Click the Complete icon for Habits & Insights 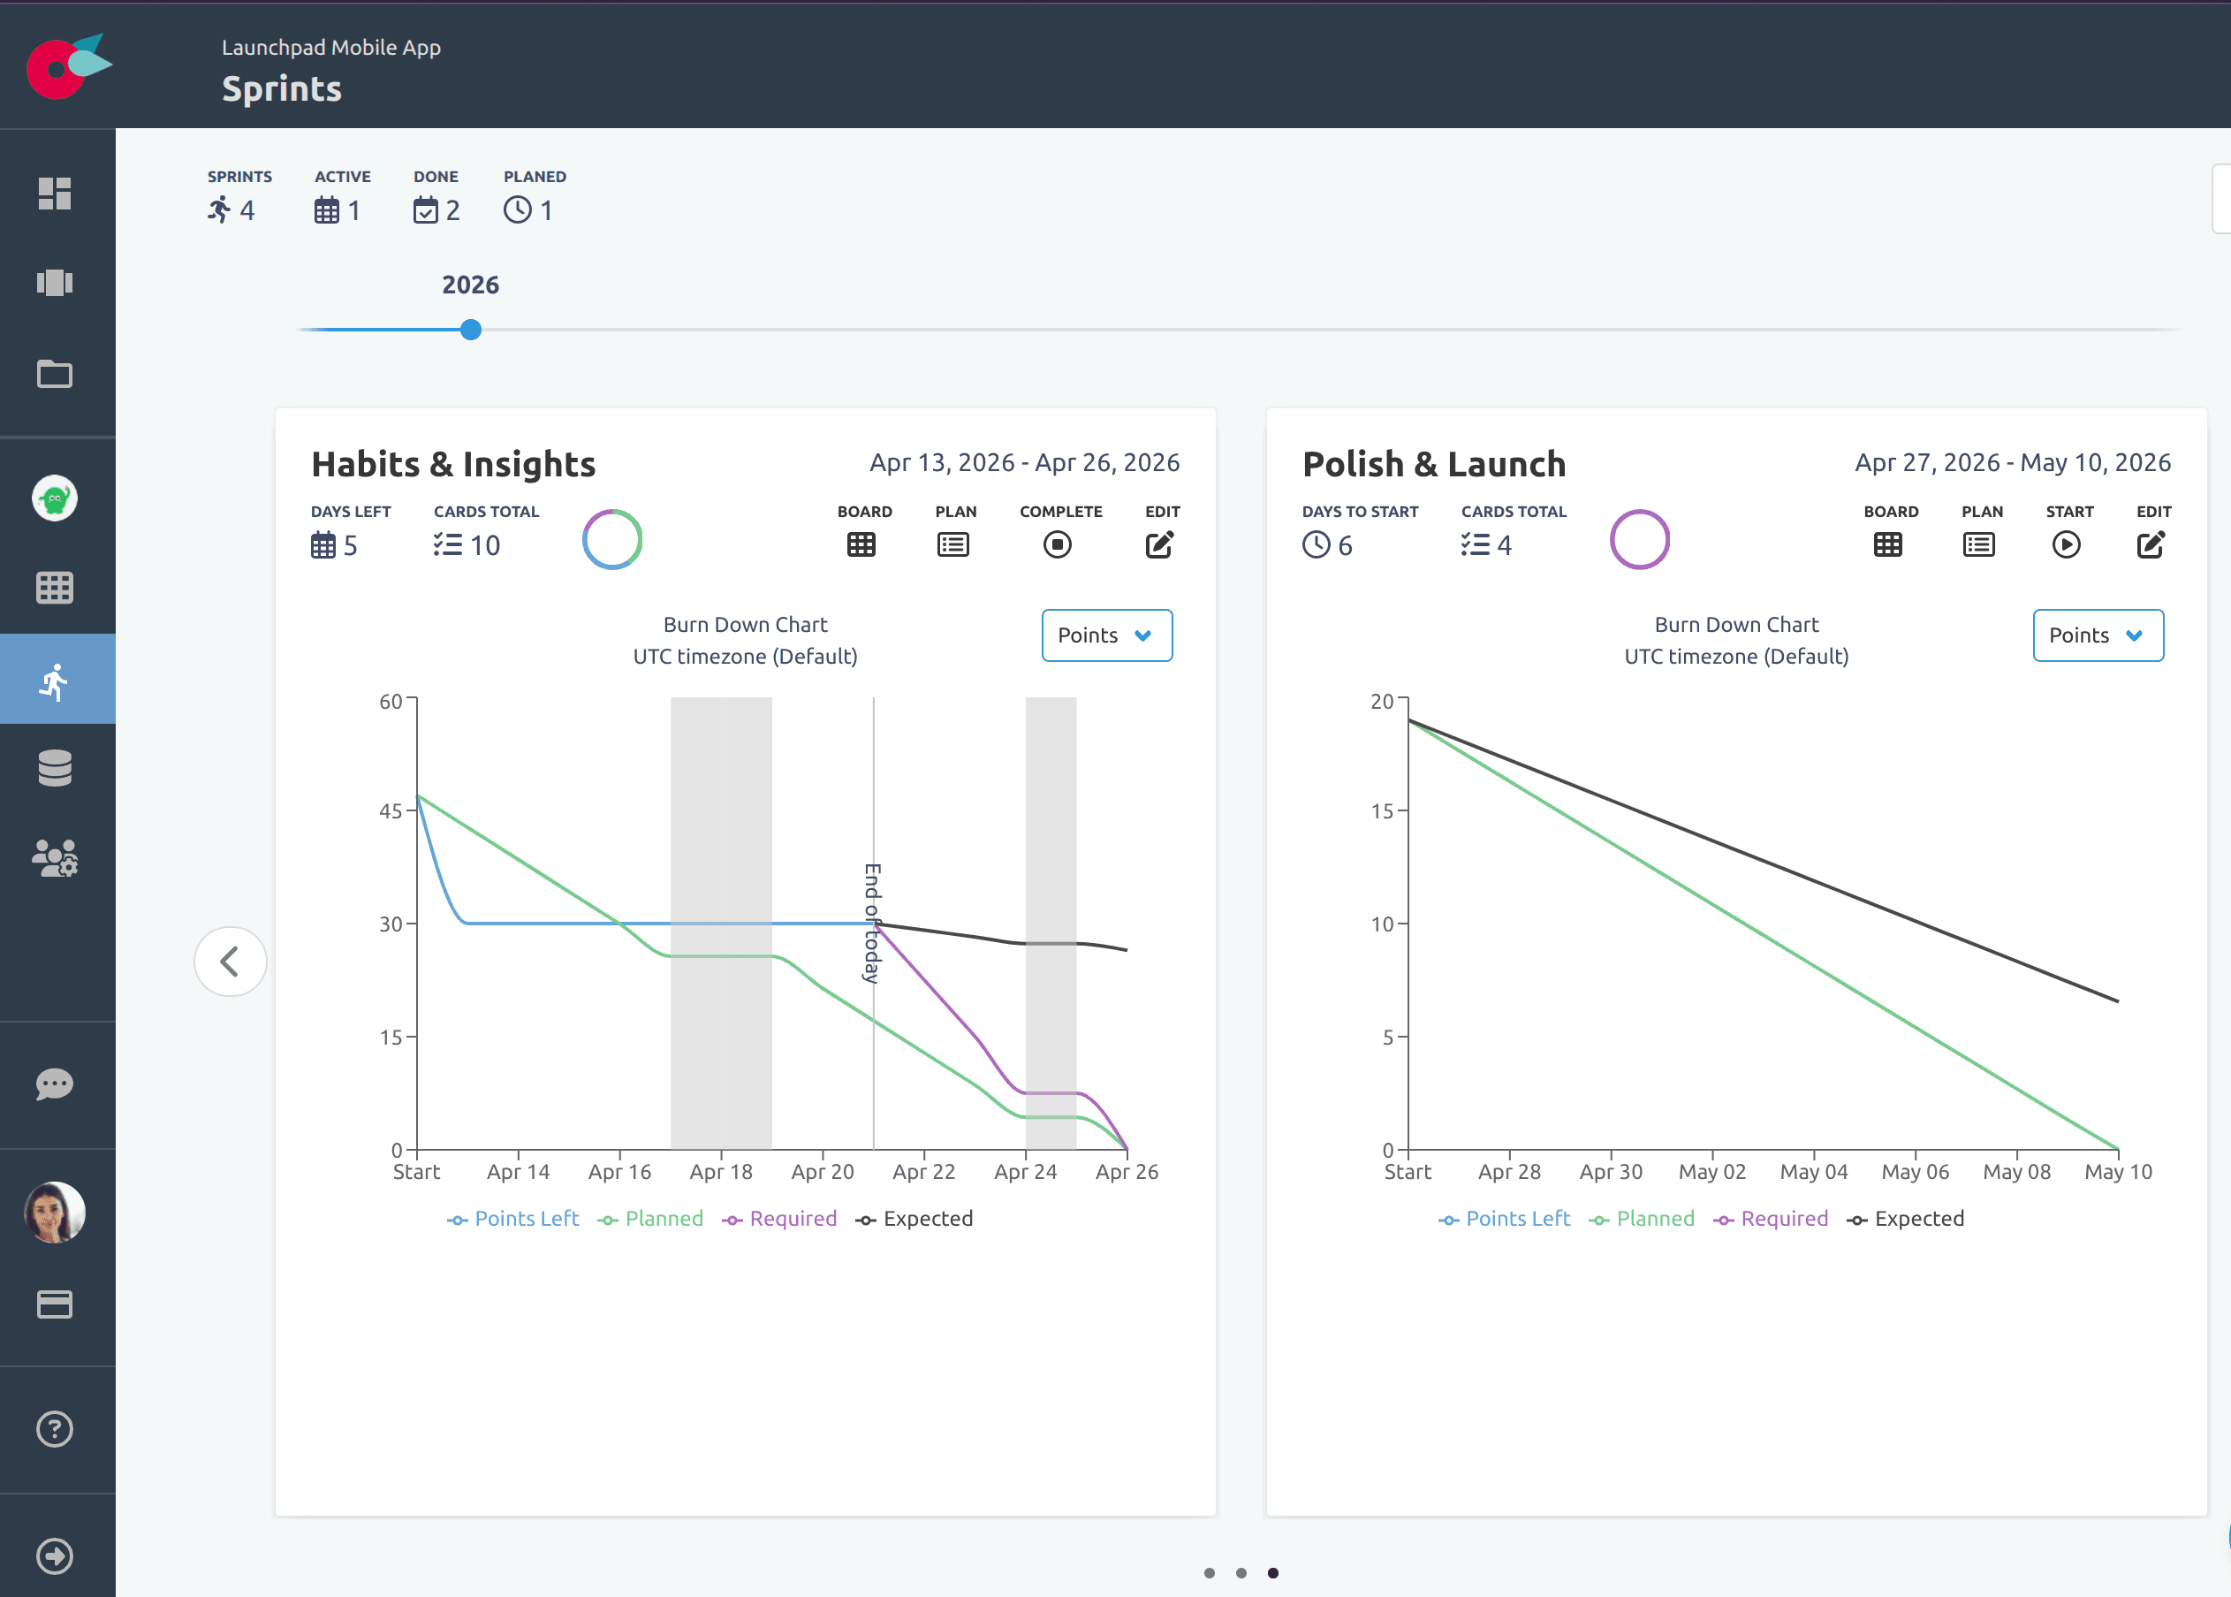1057,544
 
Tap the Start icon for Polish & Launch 2066,544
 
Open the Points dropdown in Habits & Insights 1106,635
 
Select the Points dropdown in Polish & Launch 2098,635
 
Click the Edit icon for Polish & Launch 2151,544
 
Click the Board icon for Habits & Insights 861,544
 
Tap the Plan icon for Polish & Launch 1978,544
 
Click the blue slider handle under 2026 471,331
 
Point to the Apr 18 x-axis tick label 721,1171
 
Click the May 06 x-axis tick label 1915,1171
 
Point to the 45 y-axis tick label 391,811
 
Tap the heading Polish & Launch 1433,464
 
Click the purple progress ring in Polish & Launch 1639,539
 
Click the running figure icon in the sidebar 56,680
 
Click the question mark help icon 55,1429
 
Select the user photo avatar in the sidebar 55,1212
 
